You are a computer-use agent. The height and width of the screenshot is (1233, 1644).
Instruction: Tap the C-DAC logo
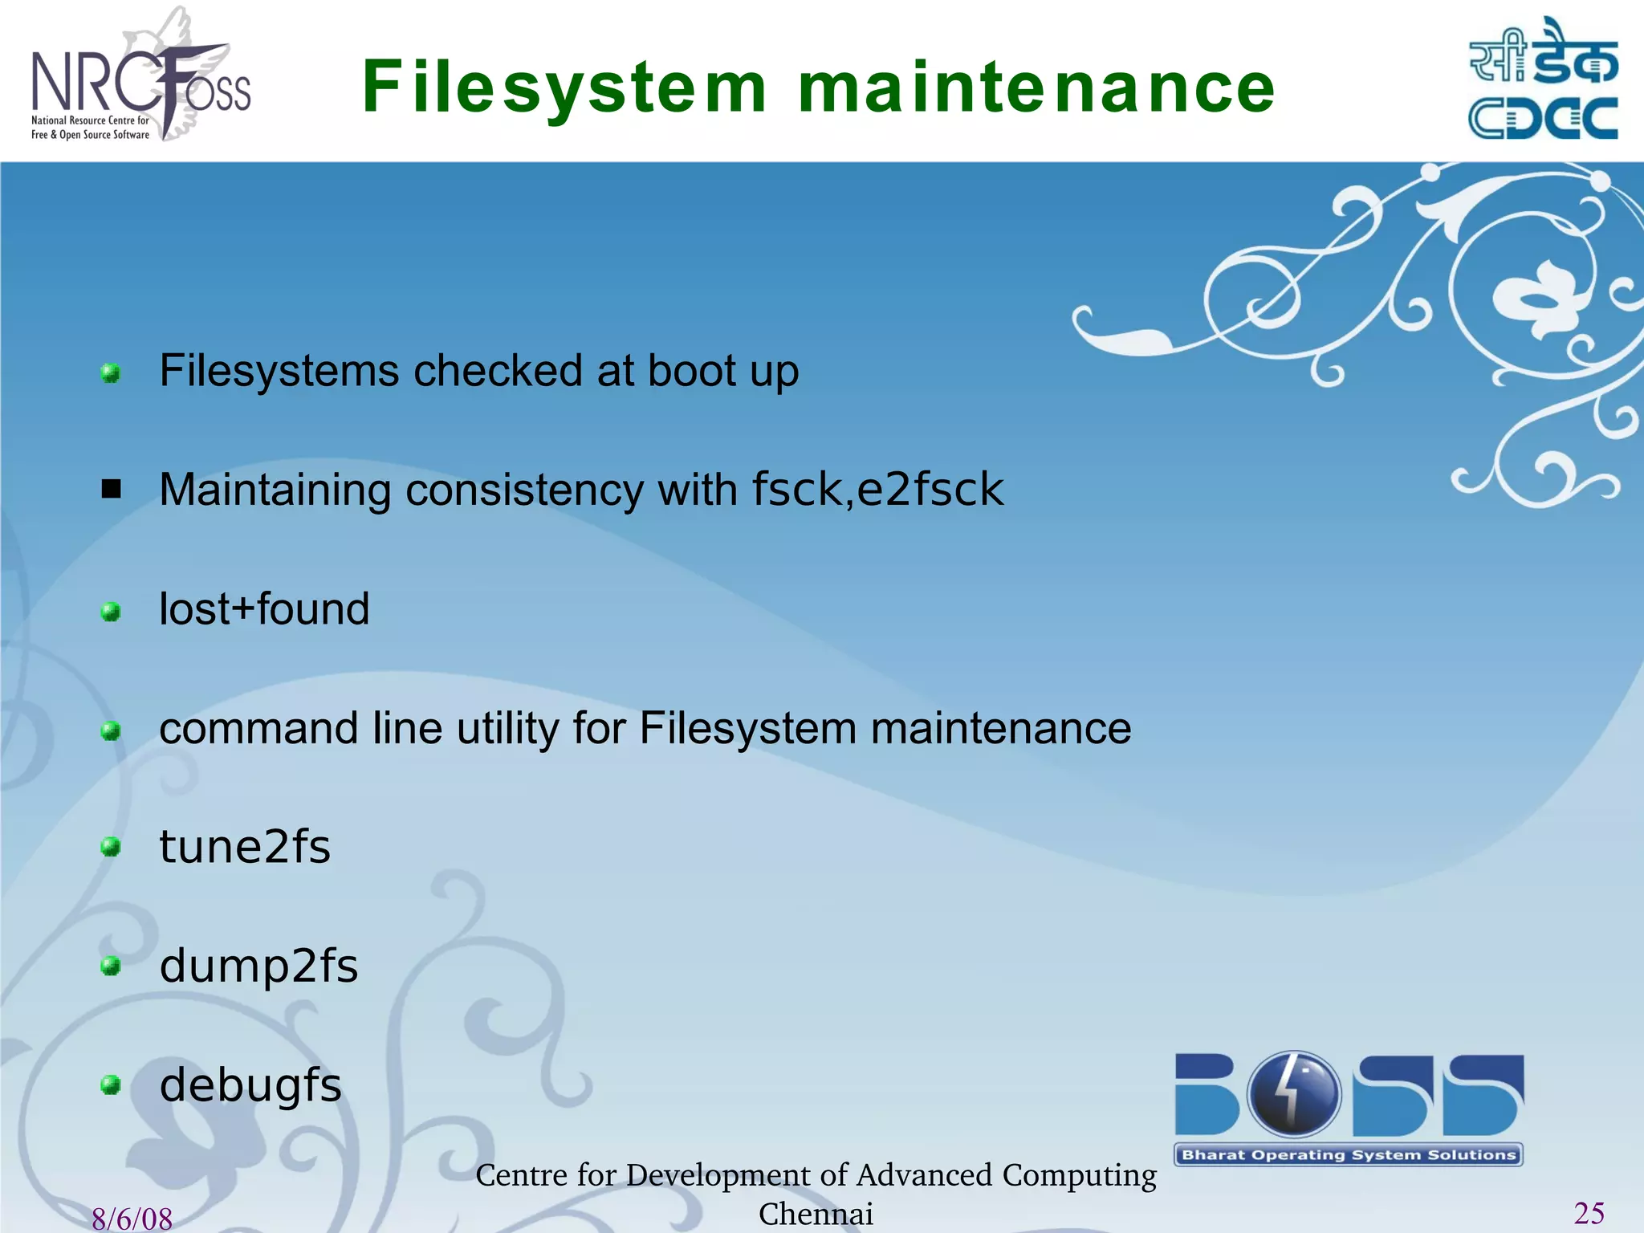(1543, 80)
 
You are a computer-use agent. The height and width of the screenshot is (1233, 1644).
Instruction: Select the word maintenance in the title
(1036, 88)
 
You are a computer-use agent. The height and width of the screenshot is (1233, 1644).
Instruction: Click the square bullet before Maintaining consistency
(111, 489)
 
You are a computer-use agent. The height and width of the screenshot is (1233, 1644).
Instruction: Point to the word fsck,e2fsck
(877, 490)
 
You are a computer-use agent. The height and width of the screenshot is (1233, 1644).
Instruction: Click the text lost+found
(264, 609)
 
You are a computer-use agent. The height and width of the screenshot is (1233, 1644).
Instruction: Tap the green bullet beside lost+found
(111, 612)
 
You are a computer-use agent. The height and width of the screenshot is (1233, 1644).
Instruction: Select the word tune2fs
(245, 848)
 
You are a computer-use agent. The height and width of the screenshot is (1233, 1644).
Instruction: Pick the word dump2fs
(258, 966)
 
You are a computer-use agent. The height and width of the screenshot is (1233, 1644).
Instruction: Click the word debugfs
(250, 1085)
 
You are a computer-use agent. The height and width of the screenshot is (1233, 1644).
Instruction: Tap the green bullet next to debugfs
(111, 1085)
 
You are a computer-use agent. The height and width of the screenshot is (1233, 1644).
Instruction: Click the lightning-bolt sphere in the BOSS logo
(1293, 1093)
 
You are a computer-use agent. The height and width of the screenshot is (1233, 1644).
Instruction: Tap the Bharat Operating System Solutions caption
(1349, 1155)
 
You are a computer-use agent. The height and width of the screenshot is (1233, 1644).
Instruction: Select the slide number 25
(1589, 1213)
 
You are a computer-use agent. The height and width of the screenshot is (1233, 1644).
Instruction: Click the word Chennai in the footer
(816, 1214)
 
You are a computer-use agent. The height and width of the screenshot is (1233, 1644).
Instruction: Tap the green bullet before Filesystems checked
(111, 373)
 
